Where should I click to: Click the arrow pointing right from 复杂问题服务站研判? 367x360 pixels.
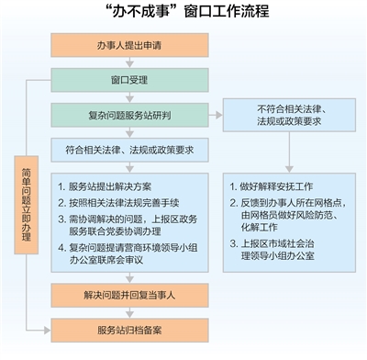click(x=215, y=116)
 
